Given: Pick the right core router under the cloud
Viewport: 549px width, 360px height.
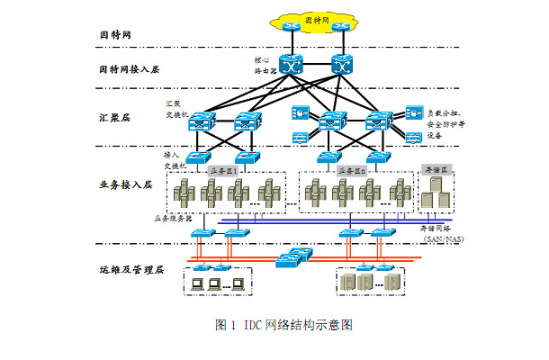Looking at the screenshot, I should [x=343, y=65].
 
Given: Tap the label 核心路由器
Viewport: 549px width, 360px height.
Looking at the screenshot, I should [x=267, y=66].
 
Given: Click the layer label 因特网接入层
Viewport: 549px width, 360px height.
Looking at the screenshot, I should [x=130, y=68].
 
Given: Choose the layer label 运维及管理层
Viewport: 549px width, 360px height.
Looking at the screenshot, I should [x=130, y=269].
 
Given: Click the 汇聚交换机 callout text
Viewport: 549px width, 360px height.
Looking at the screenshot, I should [x=176, y=109].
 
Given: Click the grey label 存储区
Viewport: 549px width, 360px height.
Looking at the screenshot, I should [x=436, y=169].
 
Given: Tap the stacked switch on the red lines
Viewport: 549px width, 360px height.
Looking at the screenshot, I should [x=291, y=259].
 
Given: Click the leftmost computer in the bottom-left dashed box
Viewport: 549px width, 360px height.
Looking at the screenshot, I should [x=193, y=284].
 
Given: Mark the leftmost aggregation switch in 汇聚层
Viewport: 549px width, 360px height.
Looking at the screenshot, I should [x=202, y=121].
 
